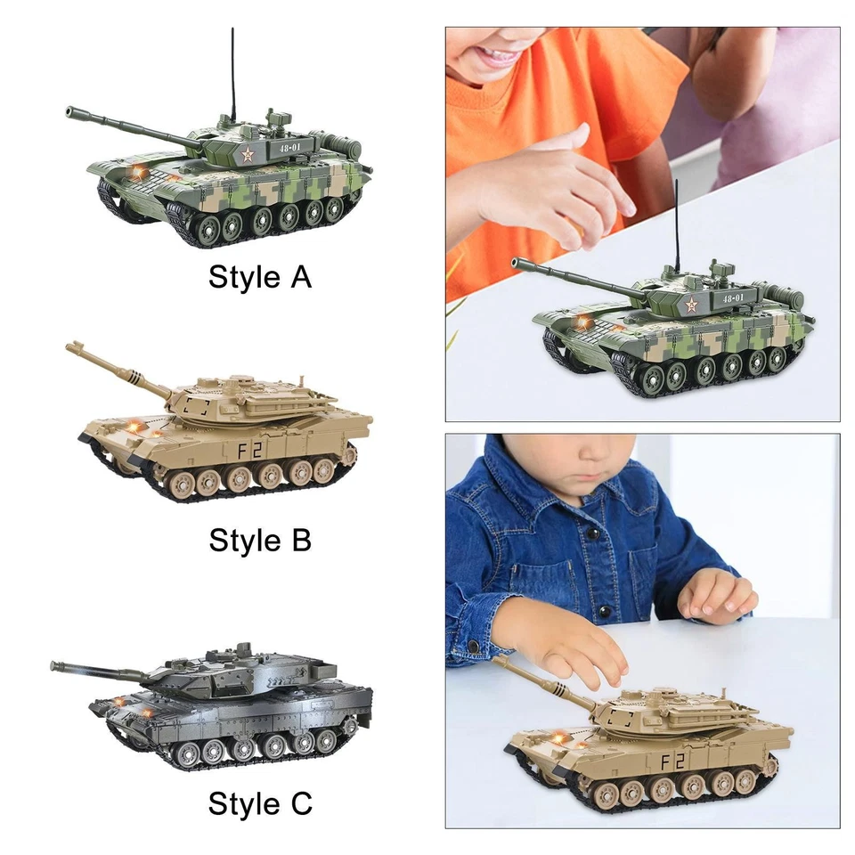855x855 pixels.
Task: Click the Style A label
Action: click(260, 277)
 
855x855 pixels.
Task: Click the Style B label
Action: click(260, 540)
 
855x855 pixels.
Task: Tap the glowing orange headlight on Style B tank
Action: click(134, 428)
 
